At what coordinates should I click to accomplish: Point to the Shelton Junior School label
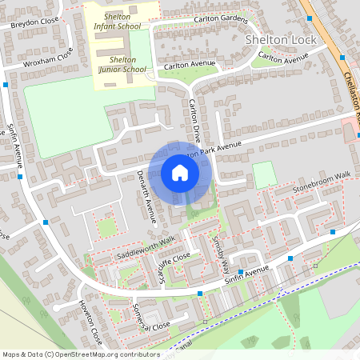122,64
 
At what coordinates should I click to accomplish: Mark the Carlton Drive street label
194,118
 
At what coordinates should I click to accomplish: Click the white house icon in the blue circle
180,173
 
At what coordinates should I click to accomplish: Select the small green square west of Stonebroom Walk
263,174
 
